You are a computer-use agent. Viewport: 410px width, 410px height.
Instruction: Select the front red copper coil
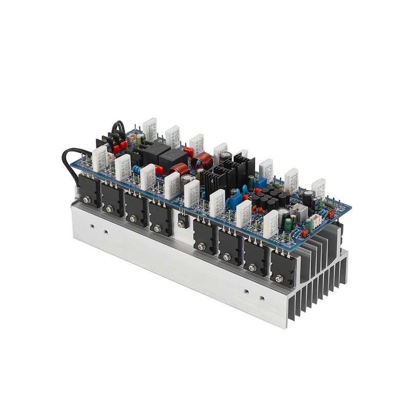point(179,169)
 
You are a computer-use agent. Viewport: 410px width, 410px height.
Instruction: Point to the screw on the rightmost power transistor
point(278,278)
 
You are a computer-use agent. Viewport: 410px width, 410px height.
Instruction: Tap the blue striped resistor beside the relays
point(137,169)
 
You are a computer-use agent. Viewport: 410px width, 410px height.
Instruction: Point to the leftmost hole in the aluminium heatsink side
point(91,224)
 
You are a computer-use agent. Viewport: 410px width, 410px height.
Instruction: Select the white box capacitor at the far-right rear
point(318,187)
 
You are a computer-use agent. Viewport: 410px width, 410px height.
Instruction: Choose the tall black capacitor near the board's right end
point(309,198)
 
